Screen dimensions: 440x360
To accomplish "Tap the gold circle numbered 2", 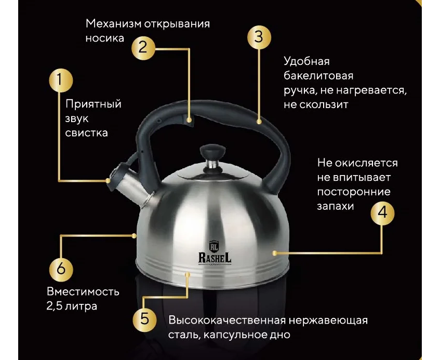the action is pos(143,48).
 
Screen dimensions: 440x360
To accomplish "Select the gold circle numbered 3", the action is pos(259,37).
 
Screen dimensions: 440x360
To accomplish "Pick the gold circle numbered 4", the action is pos(382,214).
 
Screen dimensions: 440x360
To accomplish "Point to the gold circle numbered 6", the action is pos(61,270).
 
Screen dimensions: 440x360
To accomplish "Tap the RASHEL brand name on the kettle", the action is pos(215,258).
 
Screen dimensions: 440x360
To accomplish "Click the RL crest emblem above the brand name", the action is pos(214,246).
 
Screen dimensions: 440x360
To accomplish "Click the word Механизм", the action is pos(113,24).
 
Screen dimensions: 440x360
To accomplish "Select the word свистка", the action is pos(86,132).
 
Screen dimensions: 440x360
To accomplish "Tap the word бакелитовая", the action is pos(318,75).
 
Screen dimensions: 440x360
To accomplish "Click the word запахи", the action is pos(336,207).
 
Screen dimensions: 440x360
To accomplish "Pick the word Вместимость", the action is pos(83,291).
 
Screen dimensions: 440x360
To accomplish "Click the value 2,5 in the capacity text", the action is pos(54,306).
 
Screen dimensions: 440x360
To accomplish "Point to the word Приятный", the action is pos(94,104).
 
